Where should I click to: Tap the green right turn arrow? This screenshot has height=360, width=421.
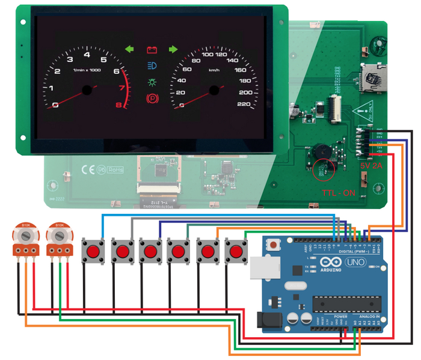coord(173,49)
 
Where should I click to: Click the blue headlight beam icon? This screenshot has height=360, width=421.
coord(151,64)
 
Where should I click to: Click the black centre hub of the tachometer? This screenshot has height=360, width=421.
coord(87,90)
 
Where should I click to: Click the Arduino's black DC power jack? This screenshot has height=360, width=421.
coord(266,320)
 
